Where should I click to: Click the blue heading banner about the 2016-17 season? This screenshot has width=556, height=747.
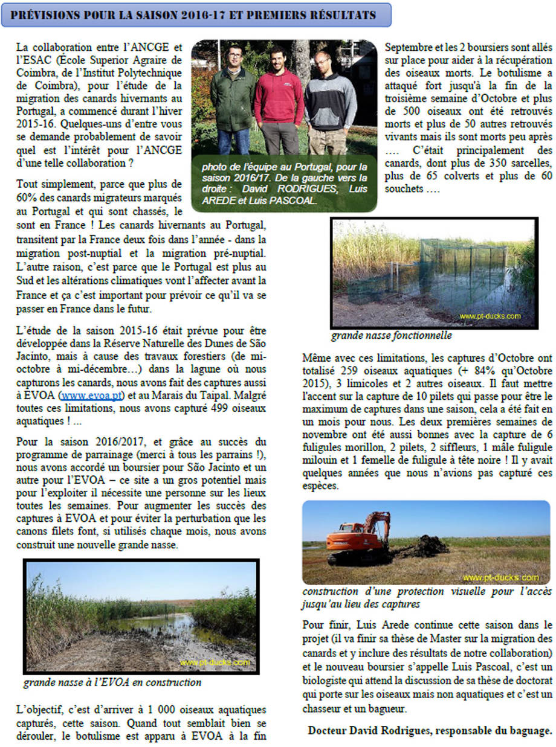[196, 14]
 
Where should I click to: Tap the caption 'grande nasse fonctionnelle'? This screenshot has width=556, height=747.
[390, 336]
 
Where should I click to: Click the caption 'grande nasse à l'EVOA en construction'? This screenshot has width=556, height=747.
[112, 682]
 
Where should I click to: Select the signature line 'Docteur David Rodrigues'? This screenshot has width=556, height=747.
[429, 730]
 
